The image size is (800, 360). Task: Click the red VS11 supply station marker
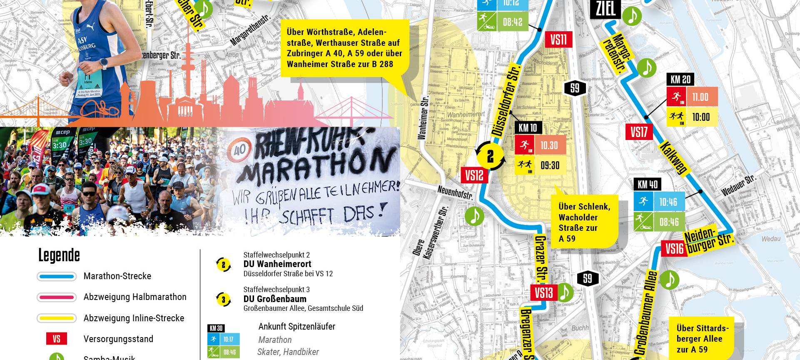[558, 40]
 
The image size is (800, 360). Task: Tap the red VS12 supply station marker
[474, 175]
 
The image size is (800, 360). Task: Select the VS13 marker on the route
[543, 293]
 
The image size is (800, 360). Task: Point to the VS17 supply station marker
[639, 132]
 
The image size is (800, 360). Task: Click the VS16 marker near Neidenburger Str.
[674, 249]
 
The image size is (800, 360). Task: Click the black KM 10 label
[528, 128]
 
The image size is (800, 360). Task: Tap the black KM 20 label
[680, 79]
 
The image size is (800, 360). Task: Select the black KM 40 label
[648, 185]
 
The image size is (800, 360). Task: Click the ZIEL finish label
[606, 9]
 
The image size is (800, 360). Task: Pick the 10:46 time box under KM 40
[668, 202]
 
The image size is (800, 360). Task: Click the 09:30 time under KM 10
[550, 165]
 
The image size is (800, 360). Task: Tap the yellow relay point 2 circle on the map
[490, 156]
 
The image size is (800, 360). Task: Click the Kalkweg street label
[673, 158]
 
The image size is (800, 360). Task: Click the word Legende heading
[59, 255]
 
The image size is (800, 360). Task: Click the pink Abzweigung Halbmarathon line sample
[57, 297]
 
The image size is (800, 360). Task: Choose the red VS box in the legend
[57, 339]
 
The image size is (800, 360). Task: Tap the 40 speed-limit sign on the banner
[239, 150]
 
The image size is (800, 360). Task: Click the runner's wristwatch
[104, 64]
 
